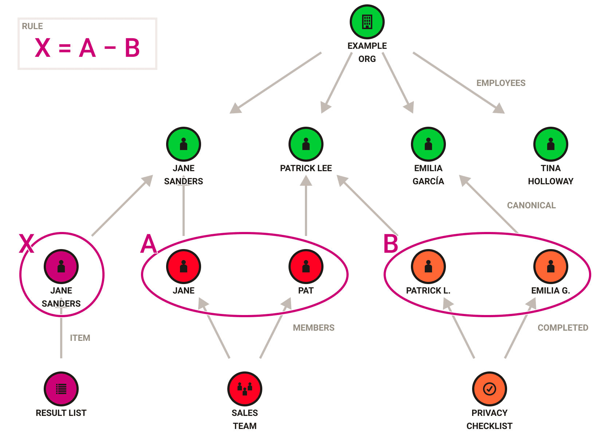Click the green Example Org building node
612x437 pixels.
tap(367, 22)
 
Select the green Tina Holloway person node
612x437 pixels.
tap(550, 144)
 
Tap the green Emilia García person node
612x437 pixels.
tap(428, 144)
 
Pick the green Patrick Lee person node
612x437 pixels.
tap(306, 144)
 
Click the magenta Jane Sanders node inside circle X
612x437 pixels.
tap(61, 267)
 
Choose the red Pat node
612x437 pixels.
tap(306, 267)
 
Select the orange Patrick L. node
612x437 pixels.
tap(428, 267)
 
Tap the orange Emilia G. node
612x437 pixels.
tap(550, 267)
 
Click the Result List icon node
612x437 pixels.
tap(61, 389)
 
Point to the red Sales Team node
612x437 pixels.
tap(244, 389)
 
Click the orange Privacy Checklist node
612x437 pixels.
tap(489, 389)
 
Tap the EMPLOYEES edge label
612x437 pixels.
tap(501, 83)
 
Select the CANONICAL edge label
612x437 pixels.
tap(531, 205)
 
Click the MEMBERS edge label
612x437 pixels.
tap(314, 328)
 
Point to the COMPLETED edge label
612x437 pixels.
tap(563, 328)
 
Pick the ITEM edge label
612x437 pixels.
tap(80, 338)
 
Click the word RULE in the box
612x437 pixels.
tap(32, 26)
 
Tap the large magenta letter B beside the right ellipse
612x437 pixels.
tap(391, 244)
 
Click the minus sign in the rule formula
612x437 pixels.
tap(110, 48)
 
